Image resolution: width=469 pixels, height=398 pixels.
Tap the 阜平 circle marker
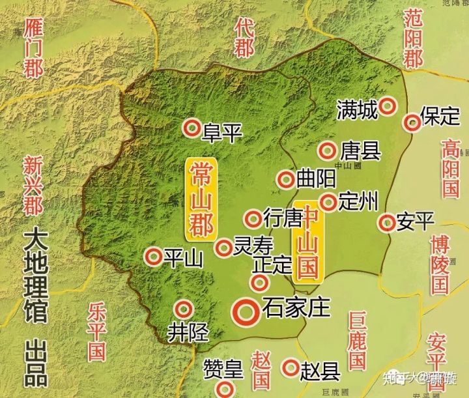pyautogui.click(x=192, y=128)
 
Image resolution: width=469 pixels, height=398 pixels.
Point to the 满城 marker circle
pyautogui.click(x=388, y=106)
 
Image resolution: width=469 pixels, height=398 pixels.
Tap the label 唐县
pyautogui.click(x=360, y=152)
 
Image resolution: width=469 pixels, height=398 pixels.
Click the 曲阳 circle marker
pyautogui.click(x=285, y=180)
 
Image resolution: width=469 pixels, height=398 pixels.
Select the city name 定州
pyautogui.click(x=359, y=202)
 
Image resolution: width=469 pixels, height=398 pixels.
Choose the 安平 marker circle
pyautogui.click(x=387, y=223)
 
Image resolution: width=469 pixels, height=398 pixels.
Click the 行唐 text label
pyautogui.click(x=284, y=217)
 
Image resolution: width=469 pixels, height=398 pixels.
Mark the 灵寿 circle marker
pyautogui.click(x=223, y=248)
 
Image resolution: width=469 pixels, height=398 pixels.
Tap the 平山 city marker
pyautogui.click(x=154, y=257)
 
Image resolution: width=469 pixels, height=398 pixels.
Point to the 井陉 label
pyautogui.click(x=188, y=332)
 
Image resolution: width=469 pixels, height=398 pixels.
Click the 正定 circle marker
pyautogui.click(x=259, y=283)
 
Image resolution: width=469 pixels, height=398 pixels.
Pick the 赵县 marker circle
pyautogui.click(x=290, y=368)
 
